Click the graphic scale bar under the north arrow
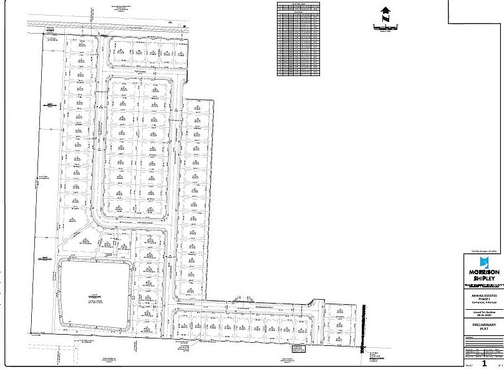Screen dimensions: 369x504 385,26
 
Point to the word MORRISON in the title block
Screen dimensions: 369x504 483,272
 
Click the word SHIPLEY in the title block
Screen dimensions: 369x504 483,279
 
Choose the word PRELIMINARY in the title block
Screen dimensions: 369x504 483,325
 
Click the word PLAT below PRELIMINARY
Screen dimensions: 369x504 483,330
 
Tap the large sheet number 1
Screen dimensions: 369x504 483,361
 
